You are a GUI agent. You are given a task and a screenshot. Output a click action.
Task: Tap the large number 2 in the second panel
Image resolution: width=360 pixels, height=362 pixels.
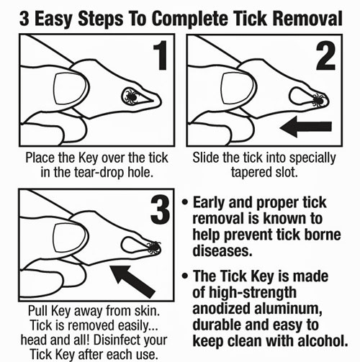pyautogui.click(x=325, y=55)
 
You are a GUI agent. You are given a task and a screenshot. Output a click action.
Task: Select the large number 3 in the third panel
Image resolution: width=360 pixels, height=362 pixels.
pyautogui.click(x=161, y=209)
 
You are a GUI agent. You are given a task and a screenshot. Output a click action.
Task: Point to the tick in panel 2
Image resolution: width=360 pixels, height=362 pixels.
pyautogui.click(x=319, y=100)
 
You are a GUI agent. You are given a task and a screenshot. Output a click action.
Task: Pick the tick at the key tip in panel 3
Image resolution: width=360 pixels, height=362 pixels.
pyautogui.click(x=153, y=248)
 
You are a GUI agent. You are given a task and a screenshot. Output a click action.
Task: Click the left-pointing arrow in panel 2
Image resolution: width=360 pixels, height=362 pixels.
pyautogui.click(x=306, y=127)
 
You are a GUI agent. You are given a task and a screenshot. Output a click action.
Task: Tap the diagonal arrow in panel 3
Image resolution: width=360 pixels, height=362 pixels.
pyautogui.click(x=132, y=281)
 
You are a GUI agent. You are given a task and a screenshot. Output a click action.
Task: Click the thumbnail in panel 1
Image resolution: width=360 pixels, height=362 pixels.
pyautogui.click(x=70, y=89)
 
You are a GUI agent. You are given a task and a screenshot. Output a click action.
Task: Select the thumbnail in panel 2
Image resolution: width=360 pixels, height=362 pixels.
pyautogui.click(x=238, y=89)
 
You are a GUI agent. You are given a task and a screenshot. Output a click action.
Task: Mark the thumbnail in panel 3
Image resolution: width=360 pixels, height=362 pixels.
pyautogui.click(x=69, y=238)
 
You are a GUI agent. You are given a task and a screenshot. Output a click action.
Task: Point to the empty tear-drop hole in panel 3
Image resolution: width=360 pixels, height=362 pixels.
pyautogui.click(x=133, y=245)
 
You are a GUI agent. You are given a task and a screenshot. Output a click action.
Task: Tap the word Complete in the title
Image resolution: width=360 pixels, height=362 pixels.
pyautogui.click(x=189, y=19)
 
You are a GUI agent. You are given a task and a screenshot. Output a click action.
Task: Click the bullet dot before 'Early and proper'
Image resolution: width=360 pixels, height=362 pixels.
pyautogui.click(x=185, y=202)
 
